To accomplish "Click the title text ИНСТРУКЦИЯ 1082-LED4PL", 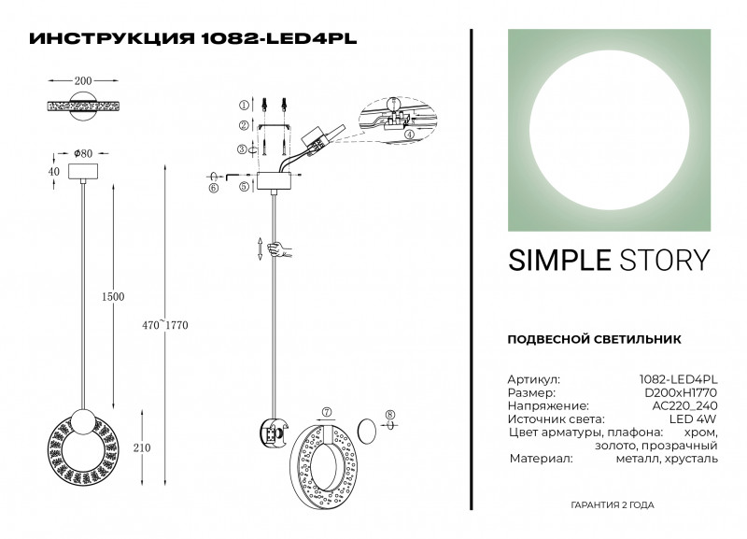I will tap(193, 39).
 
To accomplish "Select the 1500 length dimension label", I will tap(113, 296).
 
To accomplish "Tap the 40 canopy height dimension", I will tap(53, 172).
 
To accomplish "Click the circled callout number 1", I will tap(243, 106).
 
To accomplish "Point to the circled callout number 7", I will tap(326, 412).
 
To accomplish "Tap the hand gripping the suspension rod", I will tap(277, 249).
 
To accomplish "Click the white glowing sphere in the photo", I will tap(611, 128).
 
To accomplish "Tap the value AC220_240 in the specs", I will tap(685, 406).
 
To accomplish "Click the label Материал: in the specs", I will tap(541, 460).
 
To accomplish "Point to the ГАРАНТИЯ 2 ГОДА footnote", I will tap(612, 504).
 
